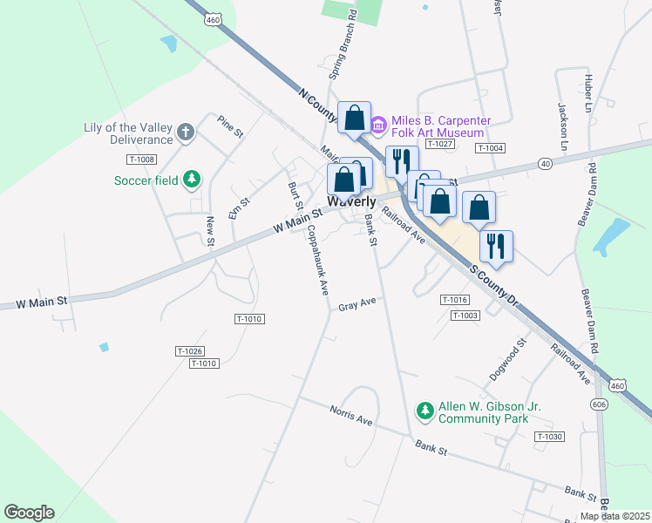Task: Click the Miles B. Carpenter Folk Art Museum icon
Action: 377,126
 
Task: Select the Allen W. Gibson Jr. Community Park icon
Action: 424,410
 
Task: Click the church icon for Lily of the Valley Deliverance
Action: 185,132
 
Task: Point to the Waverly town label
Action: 351,201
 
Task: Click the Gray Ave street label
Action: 357,305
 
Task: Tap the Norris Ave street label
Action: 350,415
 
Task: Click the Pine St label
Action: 230,126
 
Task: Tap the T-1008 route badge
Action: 141,159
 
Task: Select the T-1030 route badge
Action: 550,437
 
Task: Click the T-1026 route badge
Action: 189,350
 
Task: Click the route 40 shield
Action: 545,163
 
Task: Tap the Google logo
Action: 29,513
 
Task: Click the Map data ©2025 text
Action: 615,516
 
